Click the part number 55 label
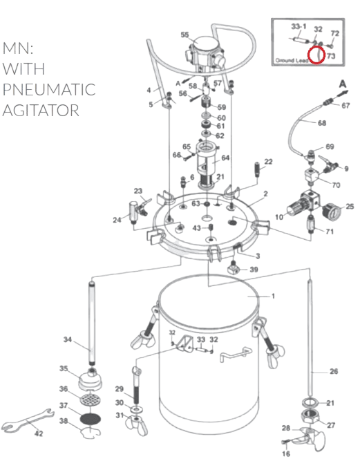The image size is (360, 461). point(184,35)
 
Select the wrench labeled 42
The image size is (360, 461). point(28,420)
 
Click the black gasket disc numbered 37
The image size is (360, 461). point(91,419)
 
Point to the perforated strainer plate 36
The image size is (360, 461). point(91,399)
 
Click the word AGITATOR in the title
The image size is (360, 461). point(41,111)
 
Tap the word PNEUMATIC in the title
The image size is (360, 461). point(49,89)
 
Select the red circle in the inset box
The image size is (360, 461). point(316,55)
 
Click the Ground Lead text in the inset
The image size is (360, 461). point(292,61)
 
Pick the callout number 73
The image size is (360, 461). point(331,56)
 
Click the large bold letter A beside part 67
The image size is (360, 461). point(343,84)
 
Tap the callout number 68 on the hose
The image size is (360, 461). point(322,122)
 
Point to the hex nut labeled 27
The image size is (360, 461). point(312,416)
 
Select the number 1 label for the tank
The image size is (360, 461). point(273,296)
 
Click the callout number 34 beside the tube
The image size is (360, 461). point(68,339)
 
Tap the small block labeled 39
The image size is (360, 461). point(234,267)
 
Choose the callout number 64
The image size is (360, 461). point(225,158)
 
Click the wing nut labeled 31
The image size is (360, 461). point(135,424)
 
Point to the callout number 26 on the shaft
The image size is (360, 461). point(334,372)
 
